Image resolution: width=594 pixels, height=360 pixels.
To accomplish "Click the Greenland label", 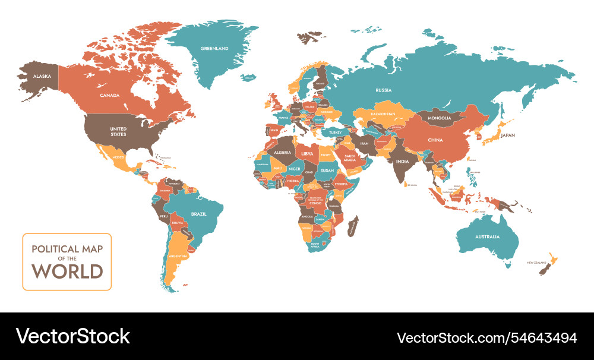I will (214, 48).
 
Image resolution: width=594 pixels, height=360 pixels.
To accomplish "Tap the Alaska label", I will (42, 76).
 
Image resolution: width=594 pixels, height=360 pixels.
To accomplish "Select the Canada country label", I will (110, 95).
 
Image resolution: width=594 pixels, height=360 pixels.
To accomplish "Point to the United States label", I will (118, 131).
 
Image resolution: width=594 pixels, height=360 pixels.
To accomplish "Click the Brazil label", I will (198, 214).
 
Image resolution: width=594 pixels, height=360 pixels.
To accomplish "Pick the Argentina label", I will (178, 255).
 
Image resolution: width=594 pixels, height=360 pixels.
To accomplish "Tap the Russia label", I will (383, 90).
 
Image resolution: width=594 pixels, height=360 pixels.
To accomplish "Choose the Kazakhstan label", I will (383, 113).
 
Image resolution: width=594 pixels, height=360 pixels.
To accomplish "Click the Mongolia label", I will (440, 118).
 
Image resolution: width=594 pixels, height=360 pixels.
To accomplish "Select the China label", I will (435, 140).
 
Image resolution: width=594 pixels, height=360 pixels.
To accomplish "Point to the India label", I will (403, 162).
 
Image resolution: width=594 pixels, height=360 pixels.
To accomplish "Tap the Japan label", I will (508, 135).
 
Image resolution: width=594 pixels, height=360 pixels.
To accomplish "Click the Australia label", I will (487, 236).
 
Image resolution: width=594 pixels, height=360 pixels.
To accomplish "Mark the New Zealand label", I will (536, 262).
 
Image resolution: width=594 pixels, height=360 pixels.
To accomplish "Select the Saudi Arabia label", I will (349, 159).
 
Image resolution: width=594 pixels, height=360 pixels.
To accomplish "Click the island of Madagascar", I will (353, 225).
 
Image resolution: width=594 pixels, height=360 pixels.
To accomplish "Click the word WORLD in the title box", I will (67, 271).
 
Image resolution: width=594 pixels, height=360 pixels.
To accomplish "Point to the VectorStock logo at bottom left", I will (72, 336).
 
